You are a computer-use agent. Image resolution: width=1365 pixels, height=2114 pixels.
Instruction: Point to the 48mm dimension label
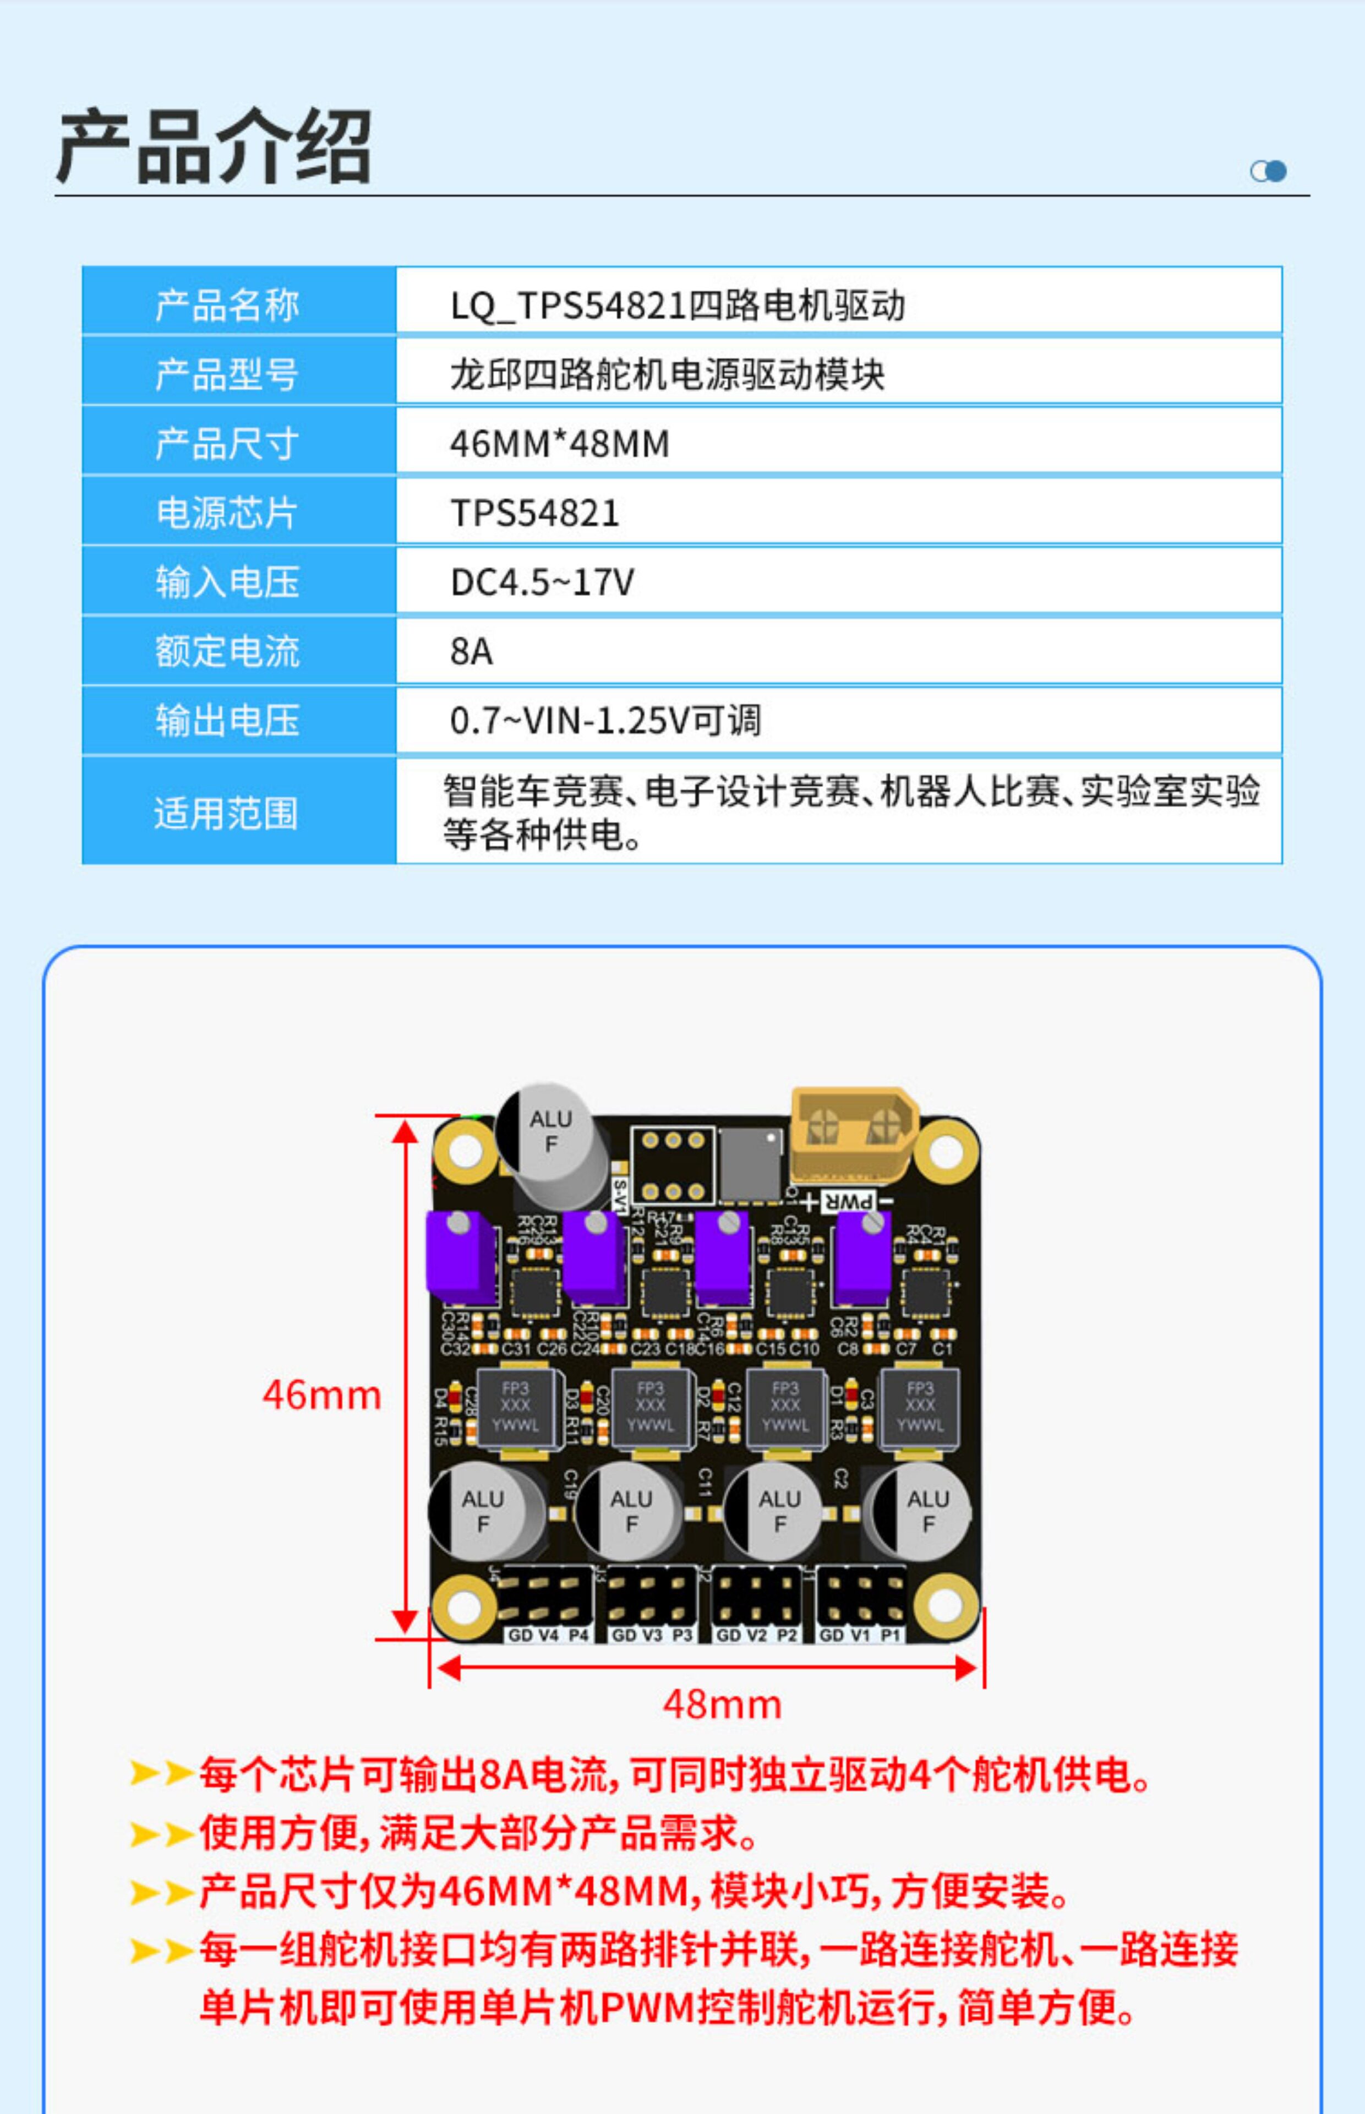[722, 1704]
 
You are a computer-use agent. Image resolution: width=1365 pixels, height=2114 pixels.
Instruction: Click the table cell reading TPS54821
[534, 513]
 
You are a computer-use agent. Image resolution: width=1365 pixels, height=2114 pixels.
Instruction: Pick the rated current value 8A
[471, 651]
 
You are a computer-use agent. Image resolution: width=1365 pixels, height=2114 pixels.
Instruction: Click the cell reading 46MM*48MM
[559, 443]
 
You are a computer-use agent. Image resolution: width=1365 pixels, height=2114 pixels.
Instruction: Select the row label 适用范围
[226, 813]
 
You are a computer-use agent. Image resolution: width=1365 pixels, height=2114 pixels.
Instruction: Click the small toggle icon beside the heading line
[1268, 171]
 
